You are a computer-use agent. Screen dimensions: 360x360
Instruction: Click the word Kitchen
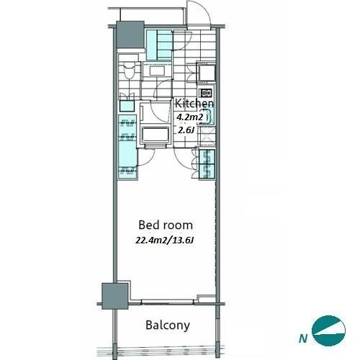click(x=194, y=104)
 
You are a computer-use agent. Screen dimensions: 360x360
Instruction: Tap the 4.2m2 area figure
click(x=190, y=117)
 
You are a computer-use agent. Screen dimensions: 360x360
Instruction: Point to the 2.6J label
click(x=186, y=130)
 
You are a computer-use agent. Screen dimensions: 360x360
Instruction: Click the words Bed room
click(x=166, y=225)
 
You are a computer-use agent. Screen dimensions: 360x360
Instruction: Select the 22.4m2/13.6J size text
click(x=164, y=240)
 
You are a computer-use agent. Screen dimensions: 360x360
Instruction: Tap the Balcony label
click(x=168, y=325)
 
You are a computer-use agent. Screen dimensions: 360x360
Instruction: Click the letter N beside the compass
click(x=303, y=338)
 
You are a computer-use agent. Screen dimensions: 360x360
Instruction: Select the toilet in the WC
click(x=129, y=71)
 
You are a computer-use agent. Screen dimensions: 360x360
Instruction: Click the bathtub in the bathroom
click(x=156, y=135)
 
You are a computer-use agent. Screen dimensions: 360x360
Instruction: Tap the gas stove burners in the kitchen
click(x=206, y=92)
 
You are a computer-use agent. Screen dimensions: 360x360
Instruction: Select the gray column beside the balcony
click(x=114, y=296)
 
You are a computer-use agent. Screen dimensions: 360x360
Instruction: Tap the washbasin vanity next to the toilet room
click(x=157, y=70)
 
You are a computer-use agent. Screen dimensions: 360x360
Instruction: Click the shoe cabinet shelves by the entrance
click(x=159, y=45)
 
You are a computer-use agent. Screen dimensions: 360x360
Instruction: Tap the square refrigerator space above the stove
click(x=206, y=73)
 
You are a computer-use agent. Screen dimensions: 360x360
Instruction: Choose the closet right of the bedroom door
click(x=207, y=164)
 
